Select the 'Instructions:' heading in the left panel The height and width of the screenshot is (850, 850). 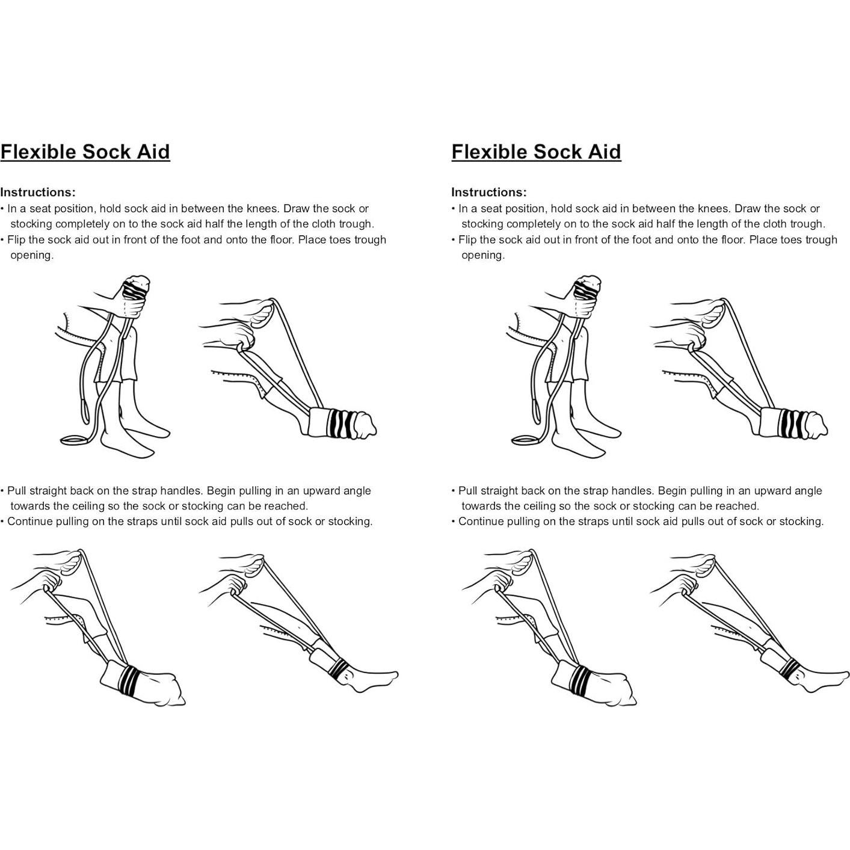tap(38, 192)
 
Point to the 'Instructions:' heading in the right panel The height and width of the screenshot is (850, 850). tap(489, 192)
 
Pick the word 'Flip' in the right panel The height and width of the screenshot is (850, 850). tap(469, 239)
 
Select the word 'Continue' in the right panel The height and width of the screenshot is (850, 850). tap(481, 521)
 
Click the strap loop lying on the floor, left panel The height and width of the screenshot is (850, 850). tap(75, 440)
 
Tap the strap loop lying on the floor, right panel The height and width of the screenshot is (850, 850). tap(526, 440)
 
